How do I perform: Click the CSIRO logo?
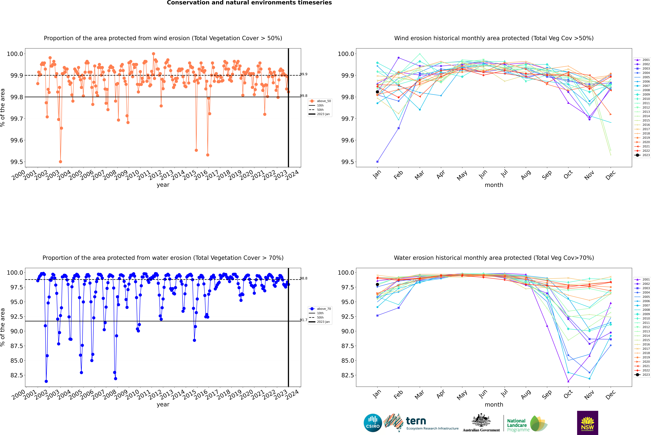click(x=373, y=423)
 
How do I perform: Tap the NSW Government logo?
click(x=587, y=423)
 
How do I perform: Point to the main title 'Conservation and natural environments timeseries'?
click(x=249, y=3)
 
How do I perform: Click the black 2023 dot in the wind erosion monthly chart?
click(x=377, y=92)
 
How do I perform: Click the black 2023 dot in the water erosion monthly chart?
click(x=377, y=284)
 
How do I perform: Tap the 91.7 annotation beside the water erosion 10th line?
click(x=304, y=320)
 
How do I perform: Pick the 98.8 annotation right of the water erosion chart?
click(x=304, y=278)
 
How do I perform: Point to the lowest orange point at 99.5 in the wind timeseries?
click(x=60, y=162)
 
